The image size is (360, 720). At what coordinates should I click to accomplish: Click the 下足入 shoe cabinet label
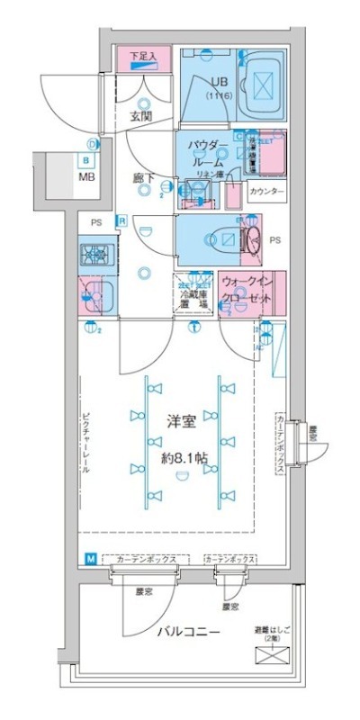coord(142,55)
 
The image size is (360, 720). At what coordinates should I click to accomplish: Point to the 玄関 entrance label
coord(140,116)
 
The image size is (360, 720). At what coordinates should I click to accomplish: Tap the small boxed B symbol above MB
coord(86,160)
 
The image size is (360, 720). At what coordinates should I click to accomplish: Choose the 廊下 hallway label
coord(143,178)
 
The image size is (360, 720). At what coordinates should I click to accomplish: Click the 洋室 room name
coord(182,419)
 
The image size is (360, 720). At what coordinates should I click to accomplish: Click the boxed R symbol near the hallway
coord(122,220)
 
